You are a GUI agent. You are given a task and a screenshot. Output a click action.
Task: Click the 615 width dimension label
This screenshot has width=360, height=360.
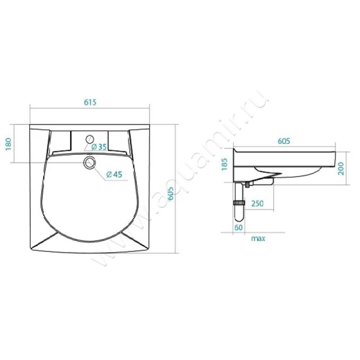click(x=90, y=102)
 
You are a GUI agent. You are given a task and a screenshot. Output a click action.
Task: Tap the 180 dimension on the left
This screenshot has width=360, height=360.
click(x=8, y=144)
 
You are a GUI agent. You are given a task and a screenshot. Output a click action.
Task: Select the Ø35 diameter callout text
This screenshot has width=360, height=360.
click(x=99, y=147)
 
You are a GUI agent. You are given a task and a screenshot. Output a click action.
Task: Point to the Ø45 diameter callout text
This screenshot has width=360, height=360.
click(x=114, y=175)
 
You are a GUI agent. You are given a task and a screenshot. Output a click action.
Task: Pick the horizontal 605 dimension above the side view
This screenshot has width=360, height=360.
click(x=284, y=141)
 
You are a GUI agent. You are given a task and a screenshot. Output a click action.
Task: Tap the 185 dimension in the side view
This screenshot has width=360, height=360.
click(x=224, y=164)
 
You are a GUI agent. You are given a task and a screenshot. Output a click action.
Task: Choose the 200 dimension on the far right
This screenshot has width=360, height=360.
click(x=341, y=168)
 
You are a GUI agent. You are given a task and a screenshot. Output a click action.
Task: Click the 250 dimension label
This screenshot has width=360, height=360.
click(x=257, y=203)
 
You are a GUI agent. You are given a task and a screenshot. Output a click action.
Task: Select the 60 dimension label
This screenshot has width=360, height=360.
click(x=239, y=227)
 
